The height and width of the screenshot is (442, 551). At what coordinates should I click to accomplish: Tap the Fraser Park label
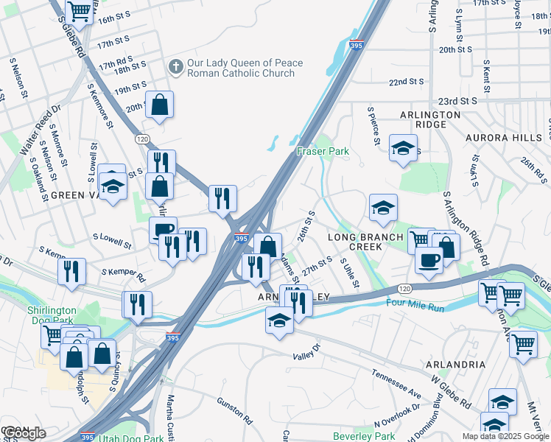(322, 151)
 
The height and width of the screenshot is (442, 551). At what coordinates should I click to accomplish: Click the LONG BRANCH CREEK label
(365, 242)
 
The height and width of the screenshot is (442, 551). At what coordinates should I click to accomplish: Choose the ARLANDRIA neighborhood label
(455, 365)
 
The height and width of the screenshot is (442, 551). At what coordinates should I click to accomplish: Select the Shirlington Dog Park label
(52, 316)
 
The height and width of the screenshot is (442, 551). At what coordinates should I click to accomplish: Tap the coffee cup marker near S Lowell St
(163, 228)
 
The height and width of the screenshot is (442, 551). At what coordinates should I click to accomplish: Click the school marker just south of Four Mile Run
(278, 320)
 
